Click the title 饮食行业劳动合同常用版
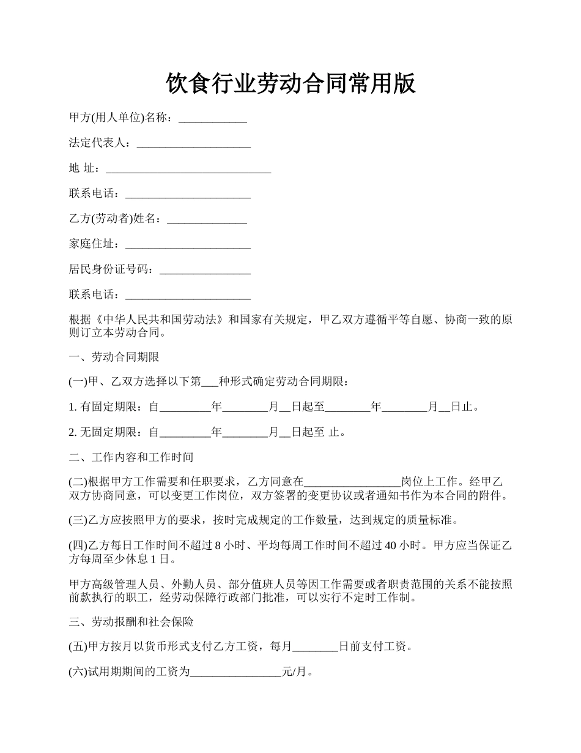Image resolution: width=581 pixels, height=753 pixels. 290,84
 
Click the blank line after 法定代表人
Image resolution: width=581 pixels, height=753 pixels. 193,143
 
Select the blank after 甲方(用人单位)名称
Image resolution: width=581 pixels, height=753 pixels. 212,118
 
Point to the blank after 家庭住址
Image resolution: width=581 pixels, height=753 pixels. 188,244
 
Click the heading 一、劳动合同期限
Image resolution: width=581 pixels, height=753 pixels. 114,356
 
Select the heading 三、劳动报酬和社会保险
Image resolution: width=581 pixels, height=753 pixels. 131,622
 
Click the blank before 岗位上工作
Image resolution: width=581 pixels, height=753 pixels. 352,482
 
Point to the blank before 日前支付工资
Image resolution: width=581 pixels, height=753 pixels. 316,647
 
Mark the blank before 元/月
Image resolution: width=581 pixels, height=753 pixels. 235,672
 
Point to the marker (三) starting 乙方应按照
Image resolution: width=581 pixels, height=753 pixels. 78,520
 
